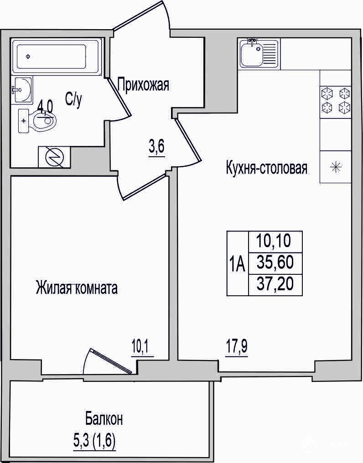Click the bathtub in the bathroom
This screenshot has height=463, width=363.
click(x=56, y=56)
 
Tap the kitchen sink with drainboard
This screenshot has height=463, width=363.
click(x=259, y=53)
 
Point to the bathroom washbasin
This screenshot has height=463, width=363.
click(x=22, y=90)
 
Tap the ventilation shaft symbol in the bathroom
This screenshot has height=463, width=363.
click(x=54, y=157)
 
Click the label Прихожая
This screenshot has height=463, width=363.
click(x=143, y=85)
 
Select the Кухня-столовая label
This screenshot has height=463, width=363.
click(x=267, y=168)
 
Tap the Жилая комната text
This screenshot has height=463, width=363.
click(x=77, y=288)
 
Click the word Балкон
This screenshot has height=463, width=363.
click(x=104, y=419)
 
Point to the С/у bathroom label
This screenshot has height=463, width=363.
click(x=73, y=100)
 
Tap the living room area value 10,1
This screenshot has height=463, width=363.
click(x=143, y=348)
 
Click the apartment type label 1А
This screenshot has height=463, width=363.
click(x=238, y=264)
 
